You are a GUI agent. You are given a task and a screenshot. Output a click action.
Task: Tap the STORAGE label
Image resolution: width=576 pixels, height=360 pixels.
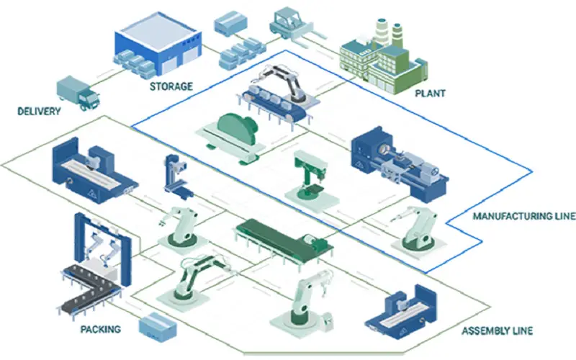171,86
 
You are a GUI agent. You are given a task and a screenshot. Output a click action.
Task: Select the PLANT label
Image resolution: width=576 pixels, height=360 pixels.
431,93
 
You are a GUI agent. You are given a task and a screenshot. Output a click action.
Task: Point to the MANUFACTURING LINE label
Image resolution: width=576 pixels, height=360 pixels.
523,216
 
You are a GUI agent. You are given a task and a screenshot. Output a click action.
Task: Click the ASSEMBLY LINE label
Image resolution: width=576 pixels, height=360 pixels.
497,331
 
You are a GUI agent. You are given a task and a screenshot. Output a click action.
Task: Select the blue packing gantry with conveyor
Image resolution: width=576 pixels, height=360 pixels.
101,259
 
